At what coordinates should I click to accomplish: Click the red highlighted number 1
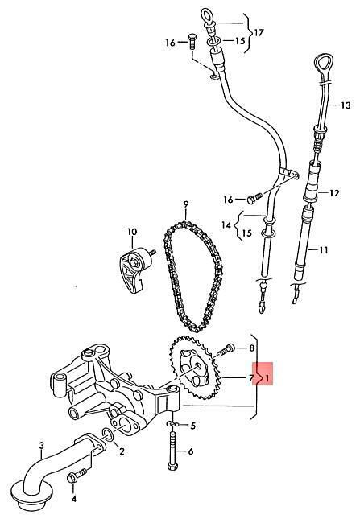coord(267,378)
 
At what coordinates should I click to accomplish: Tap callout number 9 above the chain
coord(186,204)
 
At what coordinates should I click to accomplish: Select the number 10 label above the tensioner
coord(132,231)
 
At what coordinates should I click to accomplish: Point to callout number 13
coord(346,105)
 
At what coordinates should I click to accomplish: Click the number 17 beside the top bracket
coord(259,32)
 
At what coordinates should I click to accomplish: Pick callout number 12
coord(334,193)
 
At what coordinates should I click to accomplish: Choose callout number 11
coord(324,249)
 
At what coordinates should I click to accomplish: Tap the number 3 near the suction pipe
coord(41,445)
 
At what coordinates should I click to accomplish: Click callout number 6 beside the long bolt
coord(191,451)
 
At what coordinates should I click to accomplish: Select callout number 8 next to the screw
coord(251,348)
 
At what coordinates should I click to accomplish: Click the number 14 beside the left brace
coord(226,225)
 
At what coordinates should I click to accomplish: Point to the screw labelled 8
coord(226,350)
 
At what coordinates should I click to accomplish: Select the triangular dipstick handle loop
coord(324,61)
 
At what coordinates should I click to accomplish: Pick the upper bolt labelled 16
coord(192,41)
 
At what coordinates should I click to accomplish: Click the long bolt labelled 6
coord(172,451)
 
